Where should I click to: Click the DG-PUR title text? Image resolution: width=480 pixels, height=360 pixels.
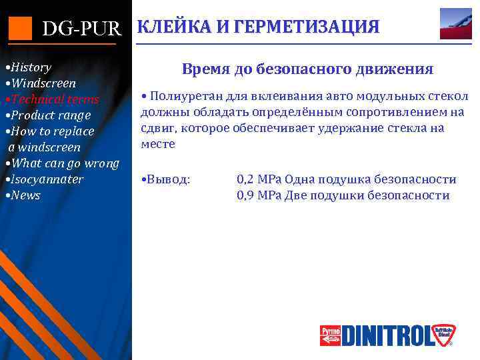pyautogui.click(x=82, y=29)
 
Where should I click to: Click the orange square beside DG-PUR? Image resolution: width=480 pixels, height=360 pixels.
pyautogui.click(x=20, y=27)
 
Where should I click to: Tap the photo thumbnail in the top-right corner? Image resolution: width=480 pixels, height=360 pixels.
pyautogui.click(x=455, y=24)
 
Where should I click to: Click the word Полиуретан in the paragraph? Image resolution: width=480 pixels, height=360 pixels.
pyautogui.click(x=180, y=97)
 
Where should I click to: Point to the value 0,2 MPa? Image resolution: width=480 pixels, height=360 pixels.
pyautogui.click(x=259, y=179)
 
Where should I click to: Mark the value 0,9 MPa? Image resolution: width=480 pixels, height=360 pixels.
pyautogui.click(x=259, y=195)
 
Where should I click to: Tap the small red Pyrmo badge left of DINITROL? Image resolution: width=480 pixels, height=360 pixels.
pyautogui.click(x=330, y=335)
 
